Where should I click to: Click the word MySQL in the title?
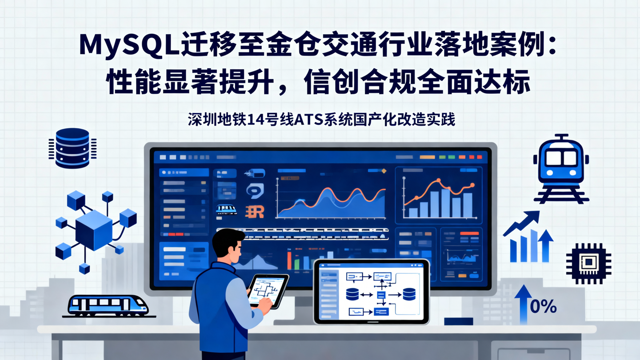coord(129,45)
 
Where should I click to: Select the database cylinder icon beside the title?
coord(72,148)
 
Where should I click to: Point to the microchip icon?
coord(588,263)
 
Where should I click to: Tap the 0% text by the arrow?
coord(543,307)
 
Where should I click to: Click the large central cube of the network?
coord(94,230)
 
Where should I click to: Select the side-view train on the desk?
coord(108,306)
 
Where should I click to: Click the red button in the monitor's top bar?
coord(479,157)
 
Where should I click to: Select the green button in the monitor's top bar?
coord(452,157)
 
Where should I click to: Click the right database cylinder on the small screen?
coord(408,294)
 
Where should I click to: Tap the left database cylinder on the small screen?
coord(352,294)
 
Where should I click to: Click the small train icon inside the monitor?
coord(226,209)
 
